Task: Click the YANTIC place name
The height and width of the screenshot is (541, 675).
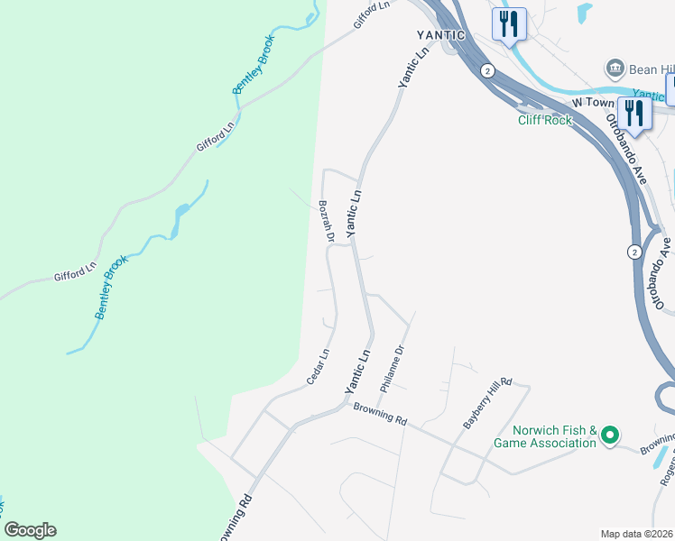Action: (x=441, y=35)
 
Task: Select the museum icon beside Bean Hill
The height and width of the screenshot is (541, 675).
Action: (x=615, y=69)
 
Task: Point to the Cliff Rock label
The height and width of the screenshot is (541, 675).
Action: (x=545, y=120)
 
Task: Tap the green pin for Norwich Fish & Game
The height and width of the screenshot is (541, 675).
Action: (x=609, y=436)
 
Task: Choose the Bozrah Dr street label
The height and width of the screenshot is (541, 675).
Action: (x=326, y=222)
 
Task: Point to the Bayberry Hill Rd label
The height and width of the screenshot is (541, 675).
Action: (x=487, y=402)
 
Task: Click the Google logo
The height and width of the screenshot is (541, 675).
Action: (x=30, y=530)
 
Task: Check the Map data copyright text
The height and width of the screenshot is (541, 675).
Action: (x=637, y=533)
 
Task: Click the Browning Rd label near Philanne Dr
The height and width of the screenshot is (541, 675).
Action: (x=381, y=415)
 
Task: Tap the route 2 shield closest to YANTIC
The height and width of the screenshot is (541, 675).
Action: (x=486, y=70)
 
